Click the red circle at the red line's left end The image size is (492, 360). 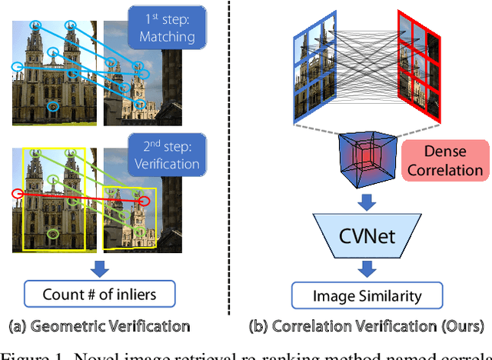coord(18,193)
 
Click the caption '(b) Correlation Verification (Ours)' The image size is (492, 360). coord(367,325)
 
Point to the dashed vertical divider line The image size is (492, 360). coord(229,154)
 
